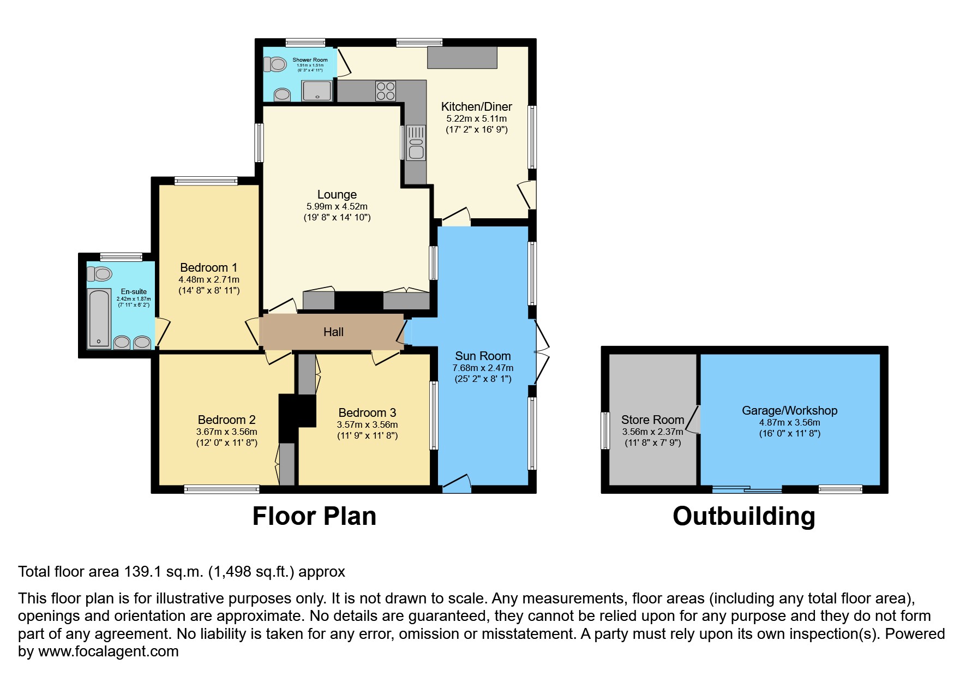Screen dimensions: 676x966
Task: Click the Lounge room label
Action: (x=337, y=195)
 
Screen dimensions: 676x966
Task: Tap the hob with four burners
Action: (x=385, y=91)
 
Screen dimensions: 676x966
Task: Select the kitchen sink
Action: (x=416, y=142)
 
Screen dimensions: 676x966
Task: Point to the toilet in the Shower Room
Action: (x=276, y=65)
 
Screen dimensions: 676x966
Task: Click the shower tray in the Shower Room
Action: (x=317, y=91)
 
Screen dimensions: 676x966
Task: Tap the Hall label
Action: (x=333, y=332)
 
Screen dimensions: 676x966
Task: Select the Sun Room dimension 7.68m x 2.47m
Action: (x=483, y=368)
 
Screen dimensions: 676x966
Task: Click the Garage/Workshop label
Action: (x=789, y=411)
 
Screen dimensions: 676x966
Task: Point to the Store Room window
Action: (x=605, y=430)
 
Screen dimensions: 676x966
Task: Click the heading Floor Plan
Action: (x=314, y=516)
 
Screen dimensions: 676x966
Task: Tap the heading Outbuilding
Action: (x=743, y=516)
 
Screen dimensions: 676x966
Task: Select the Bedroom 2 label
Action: (x=226, y=420)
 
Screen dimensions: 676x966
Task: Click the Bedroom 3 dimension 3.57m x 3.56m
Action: (x=367, y=424)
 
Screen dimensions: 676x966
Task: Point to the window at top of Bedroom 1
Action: (x=206, y=181)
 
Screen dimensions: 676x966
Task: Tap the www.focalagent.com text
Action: (x=108, y=651)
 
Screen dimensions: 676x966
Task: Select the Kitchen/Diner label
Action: (x=476, y=107)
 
